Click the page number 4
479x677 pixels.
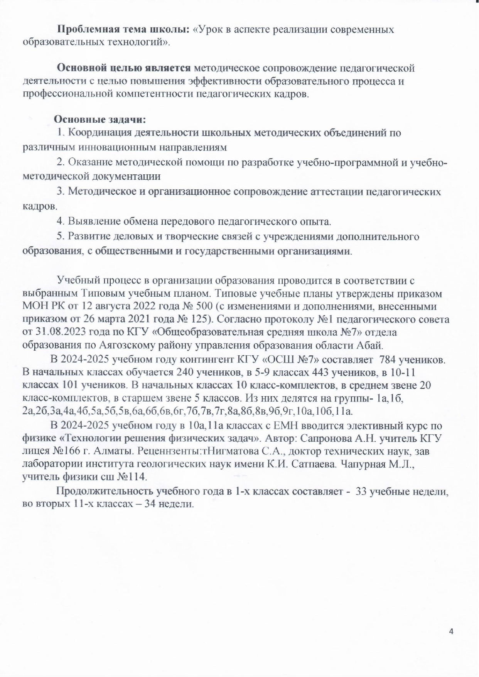tap(451, 631)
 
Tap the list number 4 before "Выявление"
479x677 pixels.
tap(60, 221)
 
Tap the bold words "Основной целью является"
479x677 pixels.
tap(124, 68)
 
